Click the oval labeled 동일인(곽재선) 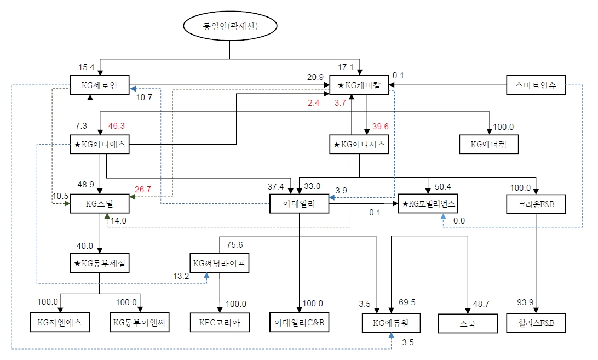[x=230, y=26]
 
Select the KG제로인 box [x=99, y=85]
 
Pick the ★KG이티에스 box [x=99, y=145]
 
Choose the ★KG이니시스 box [x=359, y=145]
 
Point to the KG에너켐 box [x=488, y=145]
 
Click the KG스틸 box [x=99, y=204]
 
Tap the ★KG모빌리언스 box [x=428, y=204]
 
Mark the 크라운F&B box [x=535, y=204]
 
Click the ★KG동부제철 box [x=99, y=264]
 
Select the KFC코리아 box [x=220, y=323]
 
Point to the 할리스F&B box [x=535, y=323]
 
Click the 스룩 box [x=467, y=323]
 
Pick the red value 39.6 [x=380, y=126]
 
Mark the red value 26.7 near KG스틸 [x=143, y=190]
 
